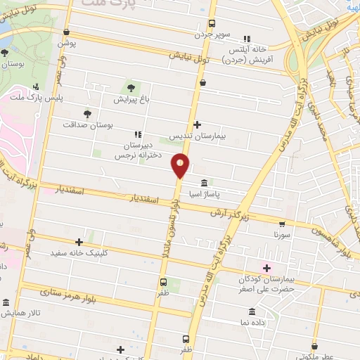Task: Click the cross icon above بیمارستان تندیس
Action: pyautogui.click(x=197, y=124)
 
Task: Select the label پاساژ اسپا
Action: pyautogui.click(x=204, y=192)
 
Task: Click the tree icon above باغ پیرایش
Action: pyautogui.click(x=130, y=88)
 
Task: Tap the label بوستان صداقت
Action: pyautogui.click(x=88, y=124)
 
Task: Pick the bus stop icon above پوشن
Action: pyautogui.click(x=66, y=32)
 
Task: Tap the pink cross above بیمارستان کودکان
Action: pyautogui.click(x=266, y=268)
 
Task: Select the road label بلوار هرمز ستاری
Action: pyautogui.click(x=70, y=288)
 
